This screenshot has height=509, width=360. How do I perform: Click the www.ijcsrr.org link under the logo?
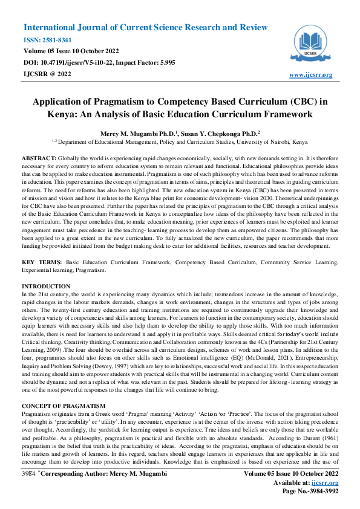click(311, 75)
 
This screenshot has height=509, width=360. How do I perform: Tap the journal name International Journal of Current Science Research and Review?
click(145, 28)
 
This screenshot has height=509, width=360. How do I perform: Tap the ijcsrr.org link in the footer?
click(324, 484)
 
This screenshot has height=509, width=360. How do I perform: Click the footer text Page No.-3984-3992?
click(307, 492)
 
